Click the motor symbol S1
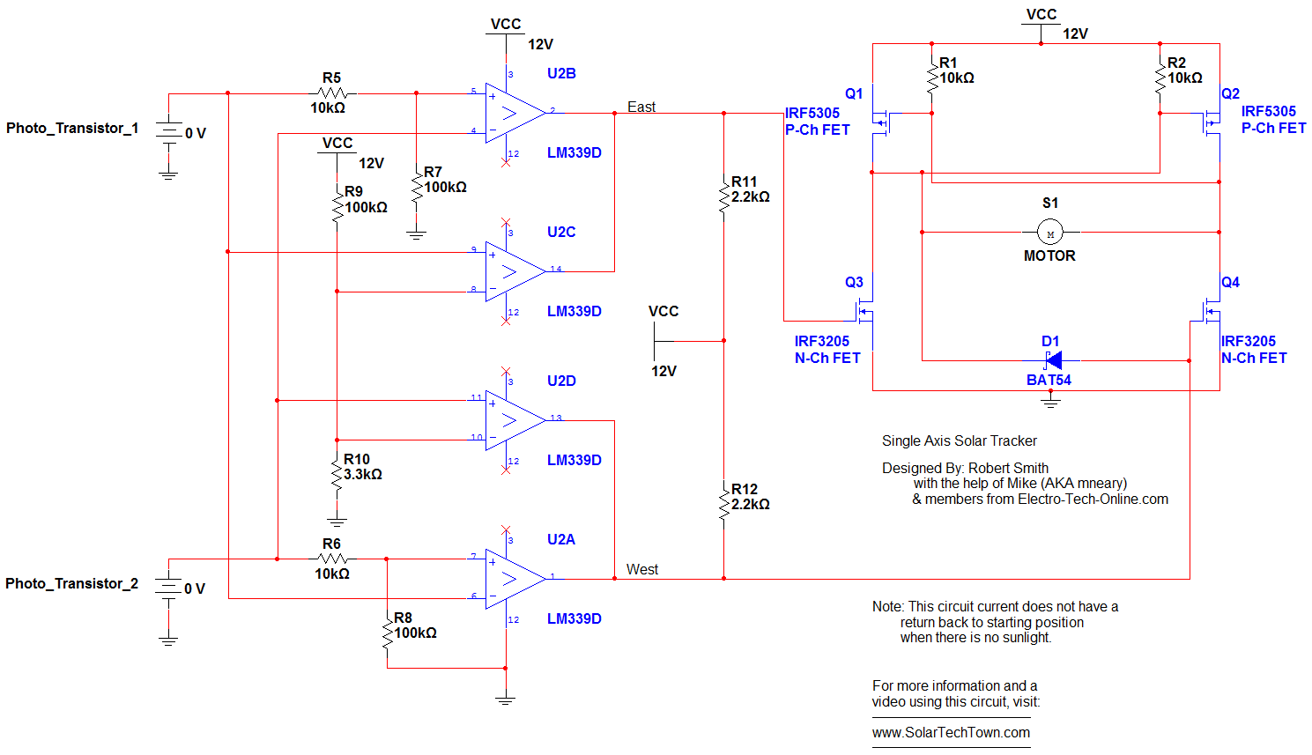coord(1050,233)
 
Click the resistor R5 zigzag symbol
coord(332,93)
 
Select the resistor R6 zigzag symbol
coord(332,559)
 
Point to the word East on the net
coord(641,107)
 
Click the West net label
coord(642,569)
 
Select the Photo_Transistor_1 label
coord(72,129)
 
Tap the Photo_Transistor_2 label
coord(71,583)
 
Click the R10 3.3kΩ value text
coord(362,475)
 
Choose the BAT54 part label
coord(1049,380)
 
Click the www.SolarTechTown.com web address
coord(951,733)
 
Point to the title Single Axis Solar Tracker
coord(960,441)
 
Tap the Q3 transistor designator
coord(854,282)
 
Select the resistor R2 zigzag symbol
coord(1160,78)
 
